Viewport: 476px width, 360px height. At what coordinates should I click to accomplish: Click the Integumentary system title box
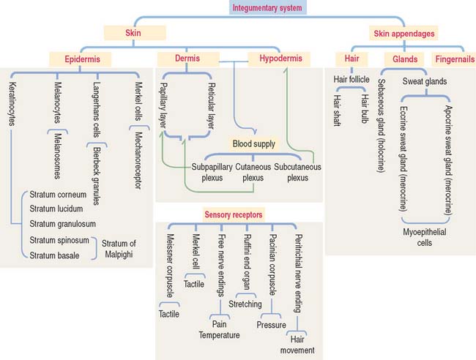click(x=266, y=9)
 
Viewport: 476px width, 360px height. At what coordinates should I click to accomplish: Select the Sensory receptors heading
click(x=233, y=214)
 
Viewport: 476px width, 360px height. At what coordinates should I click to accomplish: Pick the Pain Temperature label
click(x=219, y=329)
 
